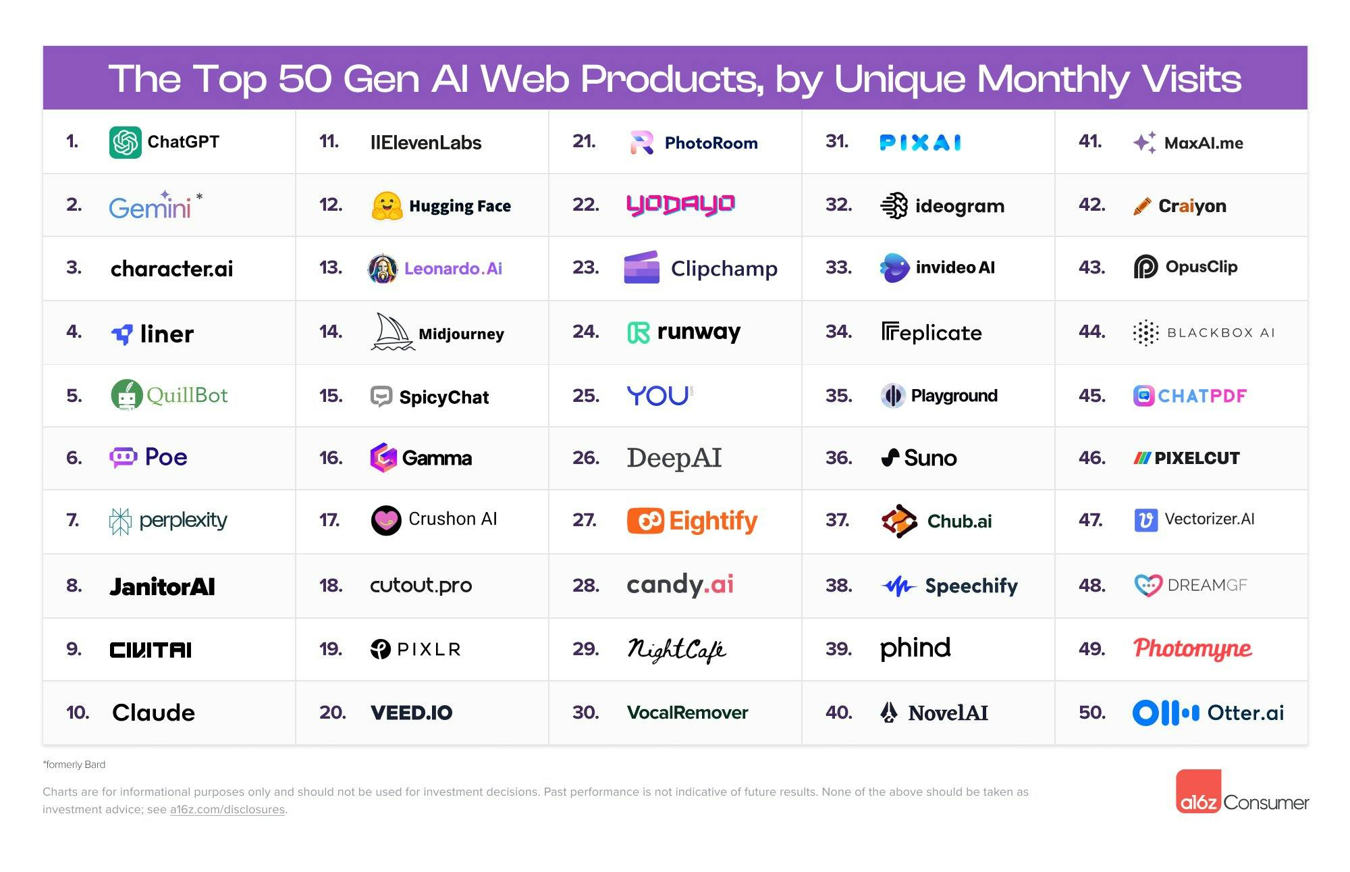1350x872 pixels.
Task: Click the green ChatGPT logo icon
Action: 126,143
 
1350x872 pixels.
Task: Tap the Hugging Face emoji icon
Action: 387,206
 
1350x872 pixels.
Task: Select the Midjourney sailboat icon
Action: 391,332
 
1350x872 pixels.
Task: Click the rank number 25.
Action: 585,396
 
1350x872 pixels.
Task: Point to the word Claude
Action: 153,713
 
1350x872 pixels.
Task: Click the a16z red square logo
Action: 1198,792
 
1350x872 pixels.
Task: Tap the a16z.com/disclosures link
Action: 227,810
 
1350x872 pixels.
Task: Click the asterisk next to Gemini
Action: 199,197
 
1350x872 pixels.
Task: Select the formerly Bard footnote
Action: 74,765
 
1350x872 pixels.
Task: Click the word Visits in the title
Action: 1191,79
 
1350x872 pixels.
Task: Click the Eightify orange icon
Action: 645,521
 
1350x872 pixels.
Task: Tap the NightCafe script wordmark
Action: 676,650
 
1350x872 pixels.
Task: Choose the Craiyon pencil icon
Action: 1142,206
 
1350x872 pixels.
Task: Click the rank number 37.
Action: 837,520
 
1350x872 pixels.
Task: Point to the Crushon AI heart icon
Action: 386,520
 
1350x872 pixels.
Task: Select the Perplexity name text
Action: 183,520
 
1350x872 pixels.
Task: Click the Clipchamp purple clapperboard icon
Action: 641,268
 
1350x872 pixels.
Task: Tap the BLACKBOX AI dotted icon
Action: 1145,333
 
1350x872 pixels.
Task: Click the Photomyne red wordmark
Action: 1192,648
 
